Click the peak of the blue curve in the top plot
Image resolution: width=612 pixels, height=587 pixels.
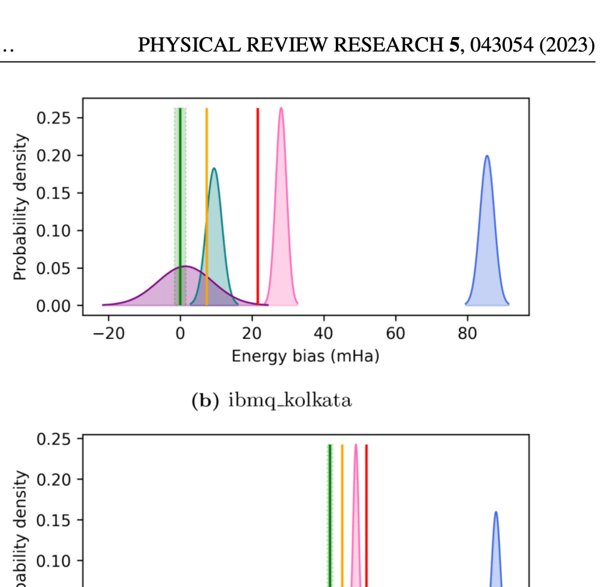(x=487, y=157)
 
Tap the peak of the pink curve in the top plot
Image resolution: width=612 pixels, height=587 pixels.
(x=281, y=109)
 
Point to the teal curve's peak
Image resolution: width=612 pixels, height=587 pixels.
(x=214, y=169)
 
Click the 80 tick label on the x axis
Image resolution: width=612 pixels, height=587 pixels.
(x=467, y=334)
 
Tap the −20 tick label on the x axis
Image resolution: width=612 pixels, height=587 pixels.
(x=108, y=334)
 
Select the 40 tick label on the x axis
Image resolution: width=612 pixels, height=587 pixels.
(x=323, y=334)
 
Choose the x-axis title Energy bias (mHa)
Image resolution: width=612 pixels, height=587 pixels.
(x=305, y=357)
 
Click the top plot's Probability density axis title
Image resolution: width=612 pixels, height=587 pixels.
(x=20, y=207)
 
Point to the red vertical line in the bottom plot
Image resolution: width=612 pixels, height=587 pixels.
(x=366, y=514)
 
